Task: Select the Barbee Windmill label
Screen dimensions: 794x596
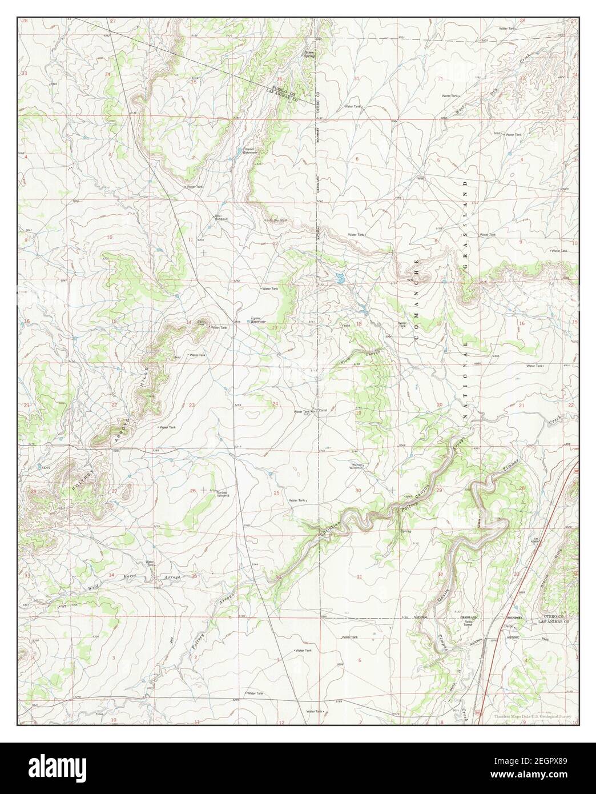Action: (222, 494)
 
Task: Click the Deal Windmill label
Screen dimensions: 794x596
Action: (221, 218)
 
